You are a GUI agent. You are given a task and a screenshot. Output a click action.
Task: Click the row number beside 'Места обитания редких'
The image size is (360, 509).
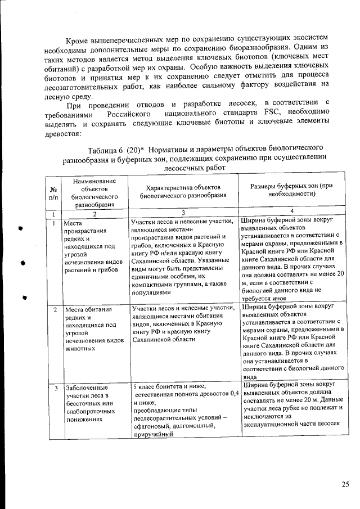(x=55, y=310)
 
